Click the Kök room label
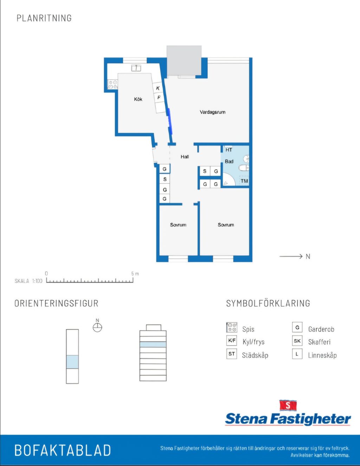coord(138,99)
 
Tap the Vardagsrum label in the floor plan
coord(212,112)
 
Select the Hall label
coord(185,157)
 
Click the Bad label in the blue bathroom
coord(229,161)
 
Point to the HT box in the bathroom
coord(229,150)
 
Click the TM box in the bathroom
coord(244,181)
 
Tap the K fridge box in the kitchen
coord(158,88)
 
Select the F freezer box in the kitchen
coord(159,97)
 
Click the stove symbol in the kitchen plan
coord(113,84)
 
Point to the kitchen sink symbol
coord(136,68)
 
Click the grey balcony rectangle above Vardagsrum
coord(184,60)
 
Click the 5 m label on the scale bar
coord(135,273)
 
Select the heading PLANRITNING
coord(44,18)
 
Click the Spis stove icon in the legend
coord(232,328)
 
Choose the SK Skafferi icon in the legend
coord(297,341)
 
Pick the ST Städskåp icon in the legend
coord(232,354)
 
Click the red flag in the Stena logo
coord(288,405)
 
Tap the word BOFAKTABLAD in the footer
coord(63,451)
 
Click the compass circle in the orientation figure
coord(97,328)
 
